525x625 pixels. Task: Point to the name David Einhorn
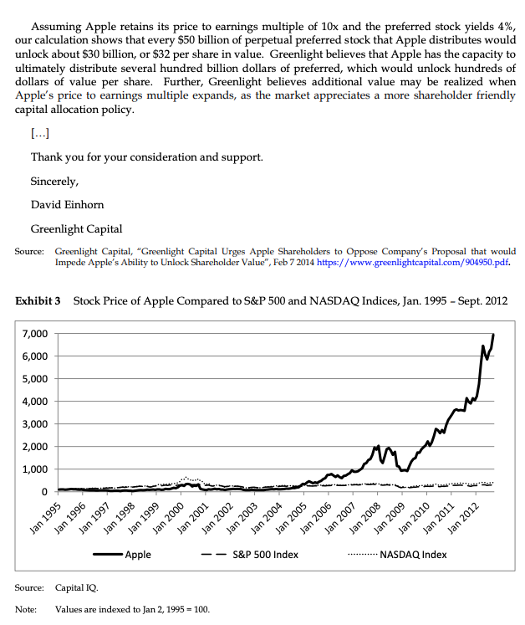[67, 205]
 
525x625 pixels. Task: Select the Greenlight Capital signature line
[76, 228]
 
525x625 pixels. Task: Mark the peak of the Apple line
[493, 335]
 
